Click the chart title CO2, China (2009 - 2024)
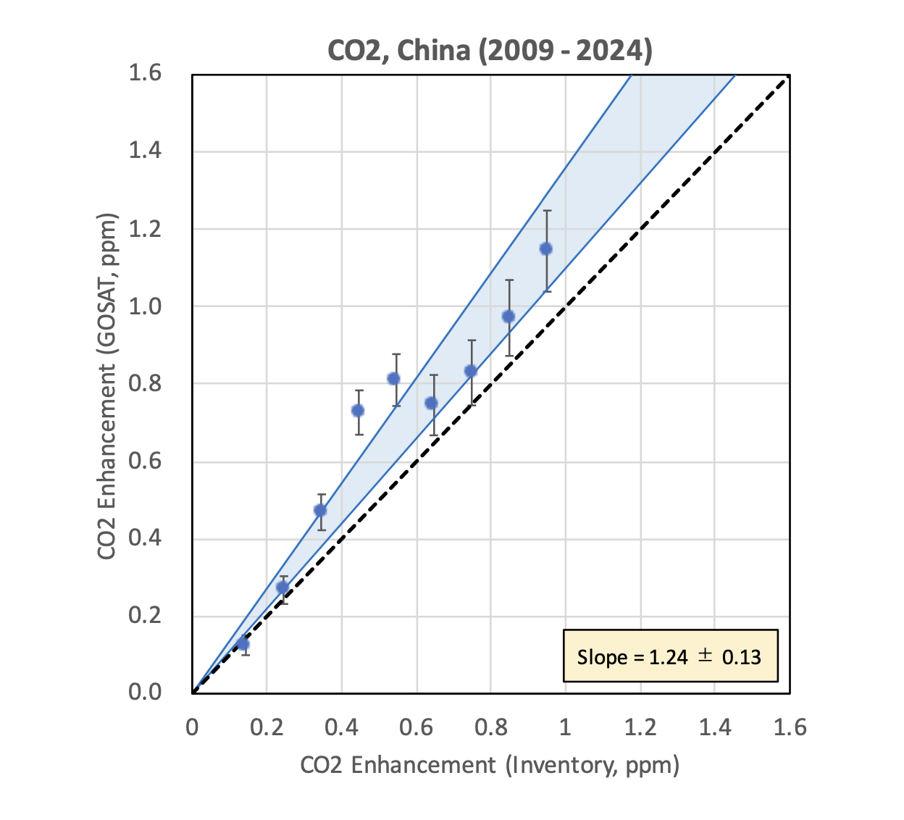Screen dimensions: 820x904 pyautogui.click(x=490, y=51)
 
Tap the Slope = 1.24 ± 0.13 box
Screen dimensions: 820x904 pyautogui.click(x=670, y=656)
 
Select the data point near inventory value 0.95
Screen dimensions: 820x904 pyautogui.click(x=546, y=249)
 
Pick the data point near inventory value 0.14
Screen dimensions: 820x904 pyautogui.click(x=243, y=644)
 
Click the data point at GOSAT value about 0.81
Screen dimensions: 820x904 pyautogui.click(x=394, y=379)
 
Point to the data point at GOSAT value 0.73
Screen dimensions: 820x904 pyautogui.click(x=358, y=411)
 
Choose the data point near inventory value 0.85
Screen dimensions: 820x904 pyautogui.click(x=508, y=317)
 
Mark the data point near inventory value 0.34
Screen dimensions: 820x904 pyautogui.click(x=320, y=510)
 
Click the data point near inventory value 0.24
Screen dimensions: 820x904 pyautogui.click(x=282, y=587)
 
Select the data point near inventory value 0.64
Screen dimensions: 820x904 pyautogui.click(x=431, y=403)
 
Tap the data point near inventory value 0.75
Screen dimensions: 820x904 pyautogui.click(x=471, y=372)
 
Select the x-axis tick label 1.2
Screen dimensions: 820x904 pyautogui.click(x=641, y=727)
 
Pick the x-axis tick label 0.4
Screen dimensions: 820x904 pyautogui.click(x=341, y=727)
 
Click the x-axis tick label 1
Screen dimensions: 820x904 pyautogui.click(x=565, y=727)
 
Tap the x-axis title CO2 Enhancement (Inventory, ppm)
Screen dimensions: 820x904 pyautogui.click(x=490, y=765)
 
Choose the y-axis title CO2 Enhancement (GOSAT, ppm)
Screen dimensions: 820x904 pyautogui.click(x=107, y=386)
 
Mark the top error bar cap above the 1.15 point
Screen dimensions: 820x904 pyautogui.click(x=547, y=211)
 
